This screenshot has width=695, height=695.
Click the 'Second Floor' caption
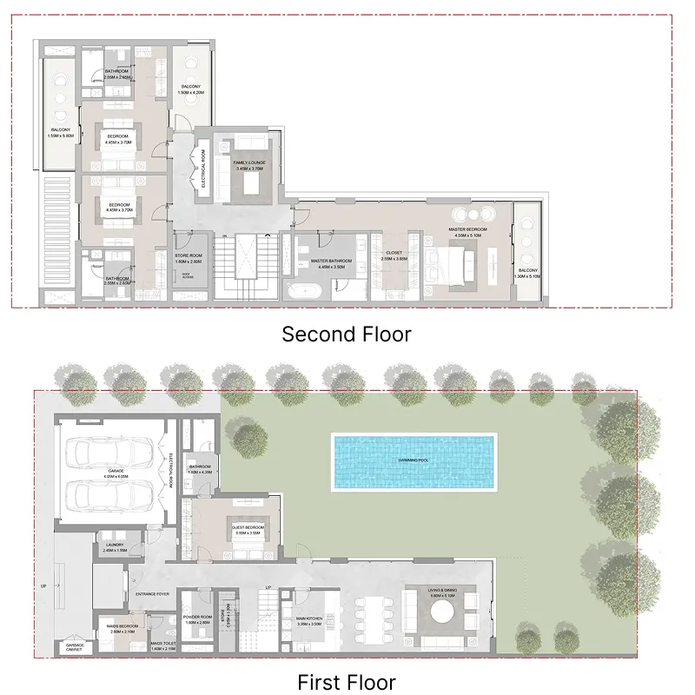[347, 334]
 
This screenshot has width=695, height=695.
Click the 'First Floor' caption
[347, 682]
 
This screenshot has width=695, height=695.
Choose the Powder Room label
[197, 620]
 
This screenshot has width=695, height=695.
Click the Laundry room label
[115, 547]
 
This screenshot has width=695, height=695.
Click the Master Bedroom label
[467, 232]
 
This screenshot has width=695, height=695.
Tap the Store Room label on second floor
[189, 259]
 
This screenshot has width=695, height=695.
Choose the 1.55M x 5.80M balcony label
[61, 135]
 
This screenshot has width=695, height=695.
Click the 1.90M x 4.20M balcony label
[191, 89]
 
